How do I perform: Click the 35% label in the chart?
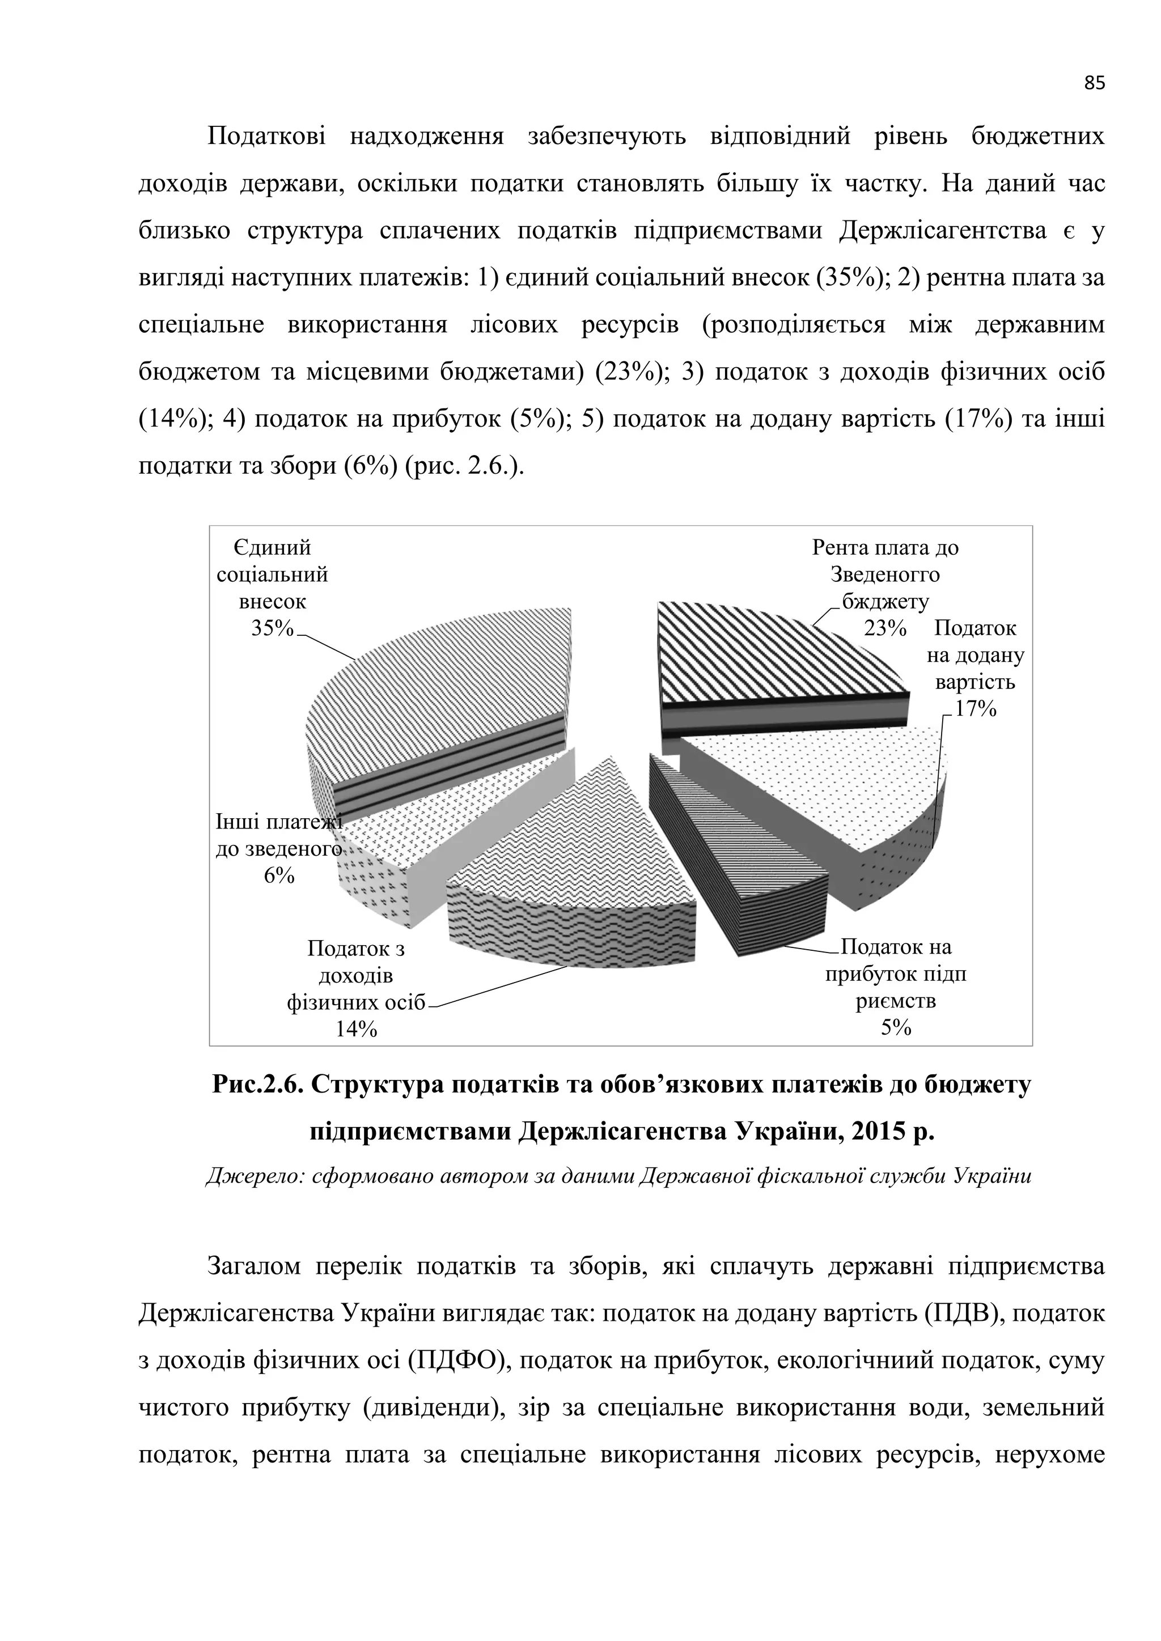pyautogui.click(x=272, y=628)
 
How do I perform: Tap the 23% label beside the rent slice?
pyautogui.click(x=885, y=628)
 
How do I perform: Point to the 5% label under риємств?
pyautogui.click(x=896, y=1028)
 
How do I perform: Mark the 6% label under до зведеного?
pyautogui.click(x=279, y=875)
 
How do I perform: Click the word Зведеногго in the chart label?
pyautogui.click(x=885, y=575)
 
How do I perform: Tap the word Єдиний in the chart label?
pyautogui.click(x=272, y=548)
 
